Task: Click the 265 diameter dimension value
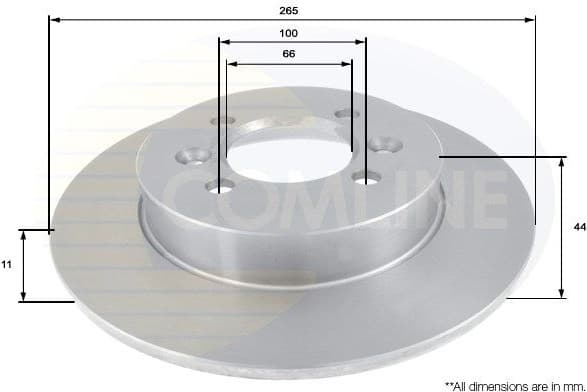click(x=291, y=8)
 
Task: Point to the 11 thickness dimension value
click(x=7, y=265)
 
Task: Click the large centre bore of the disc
click(x=290, y=151)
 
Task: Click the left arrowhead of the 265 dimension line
click(x=53, y=19)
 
